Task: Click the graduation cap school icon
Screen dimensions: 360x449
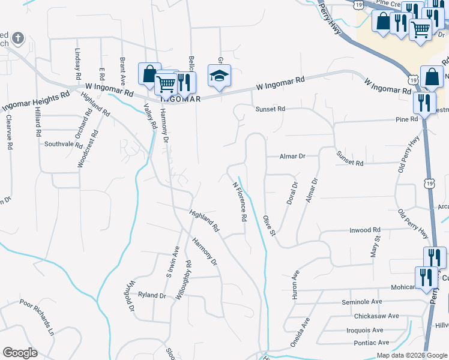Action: (x=219, y=76)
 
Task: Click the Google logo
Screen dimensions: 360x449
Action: (x=20, y=353)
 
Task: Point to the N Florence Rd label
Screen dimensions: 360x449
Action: (x=240, y=202)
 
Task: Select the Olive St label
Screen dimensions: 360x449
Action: (x=268, y=223)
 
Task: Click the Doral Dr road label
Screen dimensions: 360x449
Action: (x=292, y=193)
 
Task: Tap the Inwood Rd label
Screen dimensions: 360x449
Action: (x=365, y=230)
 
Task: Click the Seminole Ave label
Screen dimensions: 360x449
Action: (x=362, y=302)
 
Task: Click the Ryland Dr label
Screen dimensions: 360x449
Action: (x=151, y=295)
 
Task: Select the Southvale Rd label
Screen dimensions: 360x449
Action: (x=64, y=144)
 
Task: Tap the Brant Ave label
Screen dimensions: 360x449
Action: (x=122, y=71)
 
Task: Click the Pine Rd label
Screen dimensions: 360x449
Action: (x=406, y=119)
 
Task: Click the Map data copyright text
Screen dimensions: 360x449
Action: (x=411, y=355)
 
